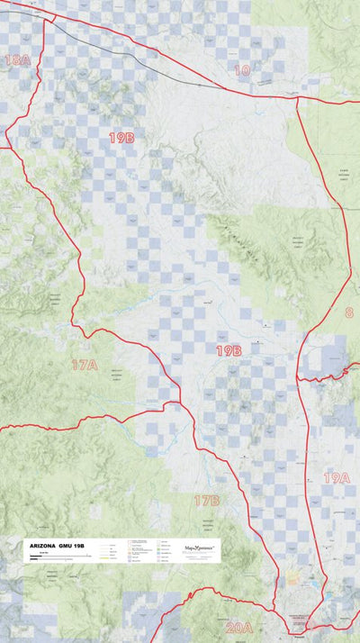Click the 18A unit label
(17, 60)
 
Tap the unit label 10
(242, 70)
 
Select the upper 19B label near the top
(121, 138)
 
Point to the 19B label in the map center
(228, 350)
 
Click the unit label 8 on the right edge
(348, 312)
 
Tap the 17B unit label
(207, 500)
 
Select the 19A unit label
(337, 477)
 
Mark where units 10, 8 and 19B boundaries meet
(298, 99)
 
